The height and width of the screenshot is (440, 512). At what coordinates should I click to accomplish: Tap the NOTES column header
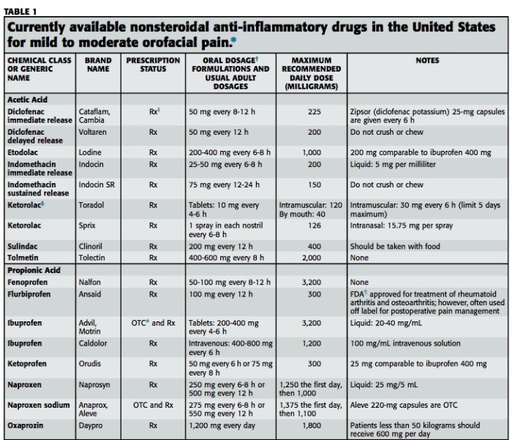point(426,61)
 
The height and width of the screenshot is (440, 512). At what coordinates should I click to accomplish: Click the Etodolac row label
point(23,152)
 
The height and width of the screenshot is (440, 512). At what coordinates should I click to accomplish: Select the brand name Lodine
point(91,152)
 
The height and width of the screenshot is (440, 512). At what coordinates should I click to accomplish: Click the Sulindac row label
point(23,247)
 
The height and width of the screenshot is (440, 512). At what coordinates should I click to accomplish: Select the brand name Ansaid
point(91,293)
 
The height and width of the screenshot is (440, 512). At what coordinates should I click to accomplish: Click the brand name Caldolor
point(95,343)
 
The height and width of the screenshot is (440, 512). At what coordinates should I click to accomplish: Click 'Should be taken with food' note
point(396,247)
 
